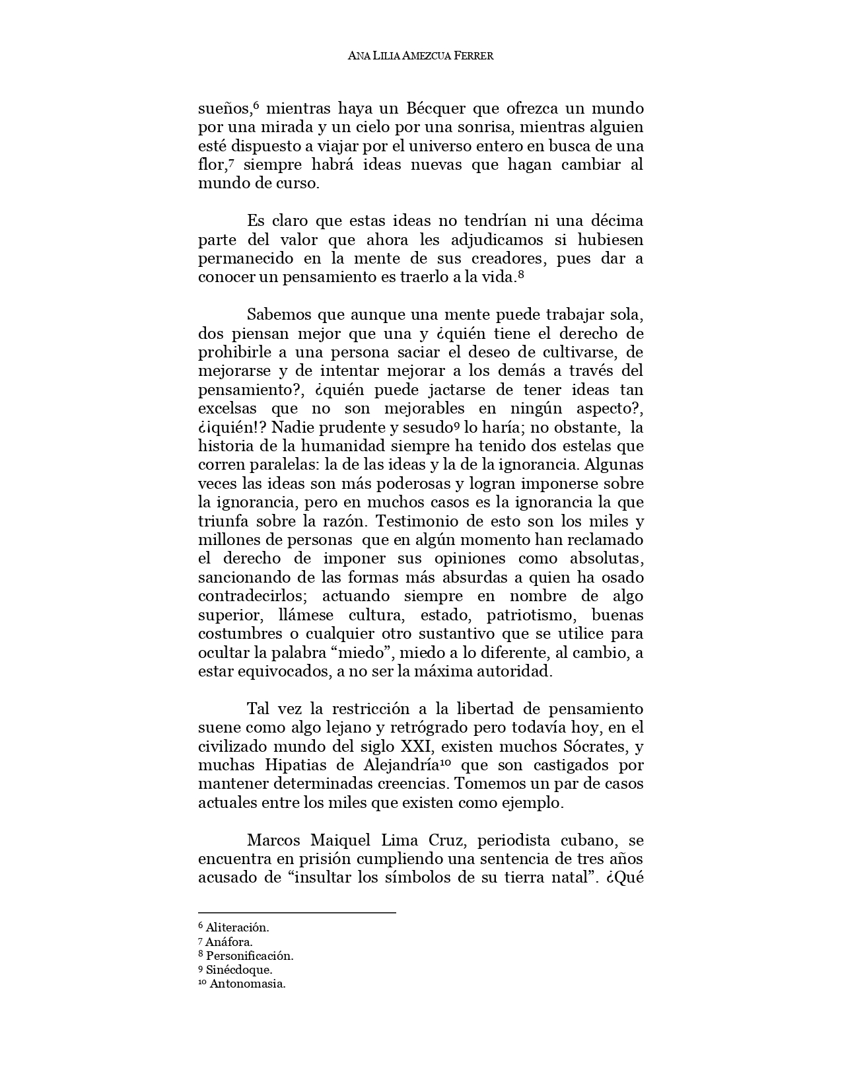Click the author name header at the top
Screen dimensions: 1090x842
[x=421, y=56]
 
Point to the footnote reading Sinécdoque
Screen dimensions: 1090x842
[x=235, y=970]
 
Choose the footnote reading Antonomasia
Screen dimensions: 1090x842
[x=242, y=984]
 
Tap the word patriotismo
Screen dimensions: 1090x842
[x=529, y=616]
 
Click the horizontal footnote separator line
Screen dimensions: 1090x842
[x=297, y=913]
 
